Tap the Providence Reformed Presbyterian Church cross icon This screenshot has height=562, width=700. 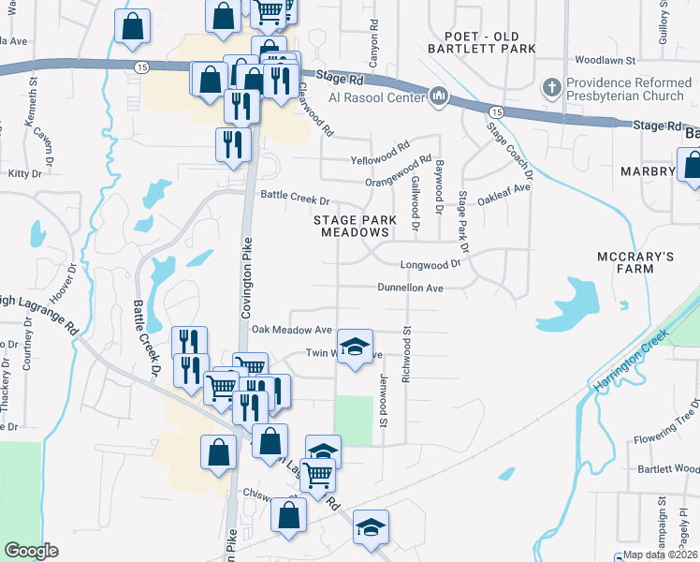pos(552,88)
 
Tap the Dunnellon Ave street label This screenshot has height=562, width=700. pos(410,288)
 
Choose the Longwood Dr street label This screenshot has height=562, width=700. pos(431,265)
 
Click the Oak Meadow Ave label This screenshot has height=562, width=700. pos(291,330)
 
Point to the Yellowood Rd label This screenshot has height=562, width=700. pos(380,149)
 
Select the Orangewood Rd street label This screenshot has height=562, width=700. pos(399,170)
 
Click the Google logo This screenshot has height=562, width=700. pos(31,551)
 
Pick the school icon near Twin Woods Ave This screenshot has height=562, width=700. pos(355,348)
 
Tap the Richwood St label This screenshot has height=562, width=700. pos(407,348)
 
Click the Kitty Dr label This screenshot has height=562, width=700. pos(24,173)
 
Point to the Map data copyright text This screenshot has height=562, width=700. pos(661,555)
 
